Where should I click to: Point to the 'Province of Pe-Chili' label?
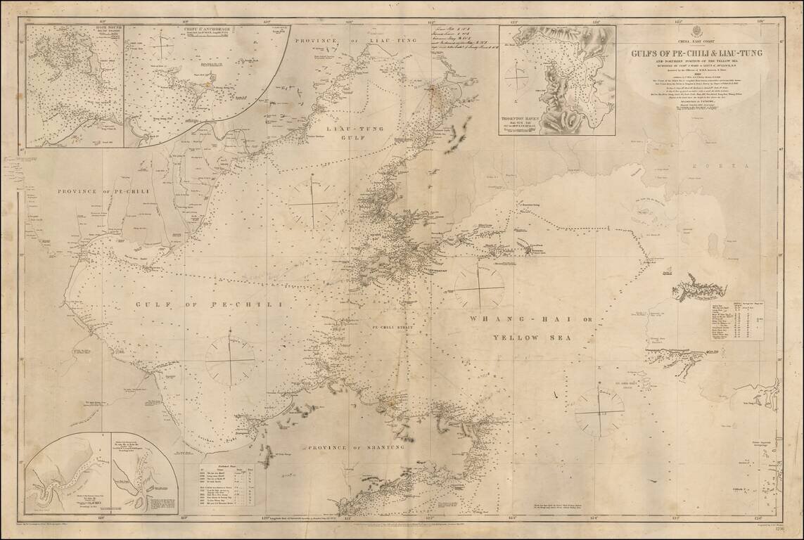[101, 191]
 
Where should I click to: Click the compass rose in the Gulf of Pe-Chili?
[230, 361]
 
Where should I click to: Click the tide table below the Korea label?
[736, 321]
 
